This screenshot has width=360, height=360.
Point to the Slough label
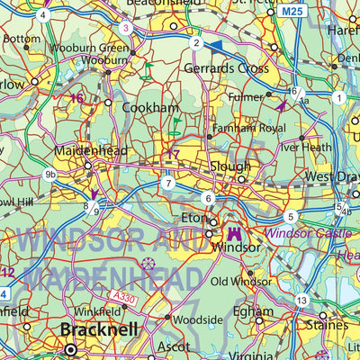[x=229, y=166]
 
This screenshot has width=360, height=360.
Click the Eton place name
[x=193, y=218]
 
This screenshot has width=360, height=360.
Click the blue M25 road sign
[x=291, y=12]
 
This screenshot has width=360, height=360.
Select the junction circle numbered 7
[x=167, y=184]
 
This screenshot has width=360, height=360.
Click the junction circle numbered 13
[x=302, y=301]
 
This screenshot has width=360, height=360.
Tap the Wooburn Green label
[x=101, y=48]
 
